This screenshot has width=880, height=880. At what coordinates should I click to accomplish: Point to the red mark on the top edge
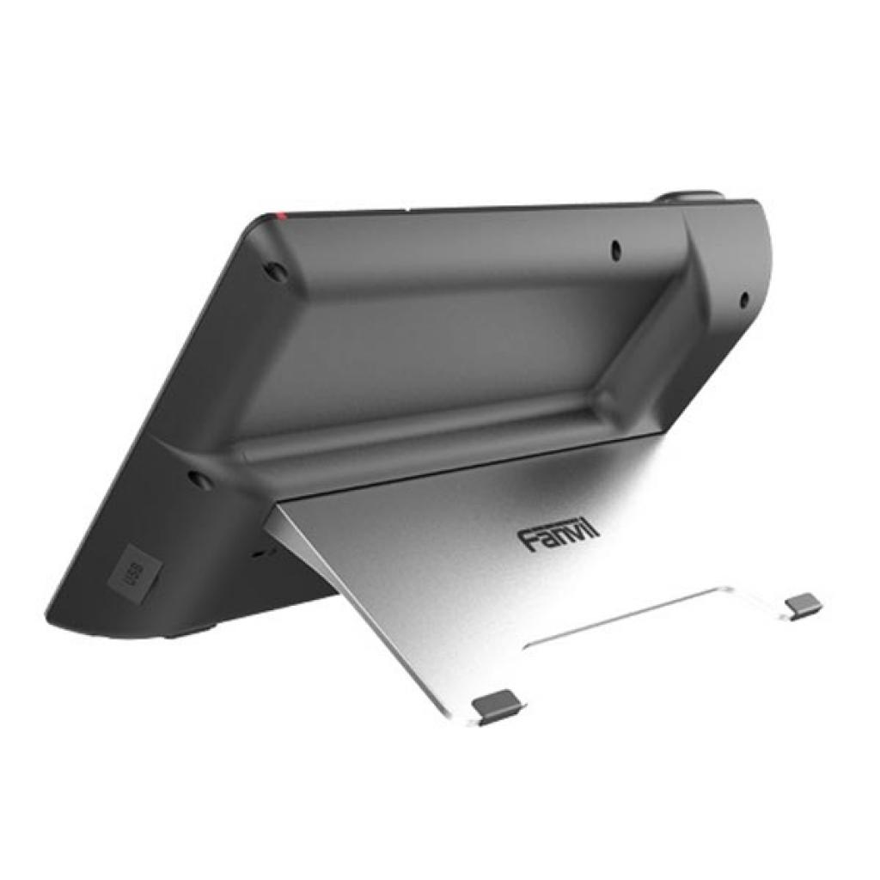point(278,213)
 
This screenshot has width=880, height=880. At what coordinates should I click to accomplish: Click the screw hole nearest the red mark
point(276,271)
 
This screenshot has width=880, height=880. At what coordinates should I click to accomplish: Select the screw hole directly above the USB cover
point(199,479)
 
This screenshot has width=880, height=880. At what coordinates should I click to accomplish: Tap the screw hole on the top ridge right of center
point(616,250)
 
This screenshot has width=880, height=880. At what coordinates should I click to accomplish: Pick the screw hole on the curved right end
point(744,300)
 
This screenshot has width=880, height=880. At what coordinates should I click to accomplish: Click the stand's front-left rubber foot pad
point(498,707)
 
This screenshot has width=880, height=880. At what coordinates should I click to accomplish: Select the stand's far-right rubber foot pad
point(804,605)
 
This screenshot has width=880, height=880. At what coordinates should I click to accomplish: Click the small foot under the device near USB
point(185,634)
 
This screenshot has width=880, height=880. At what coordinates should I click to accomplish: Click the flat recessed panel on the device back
point(430,361)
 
